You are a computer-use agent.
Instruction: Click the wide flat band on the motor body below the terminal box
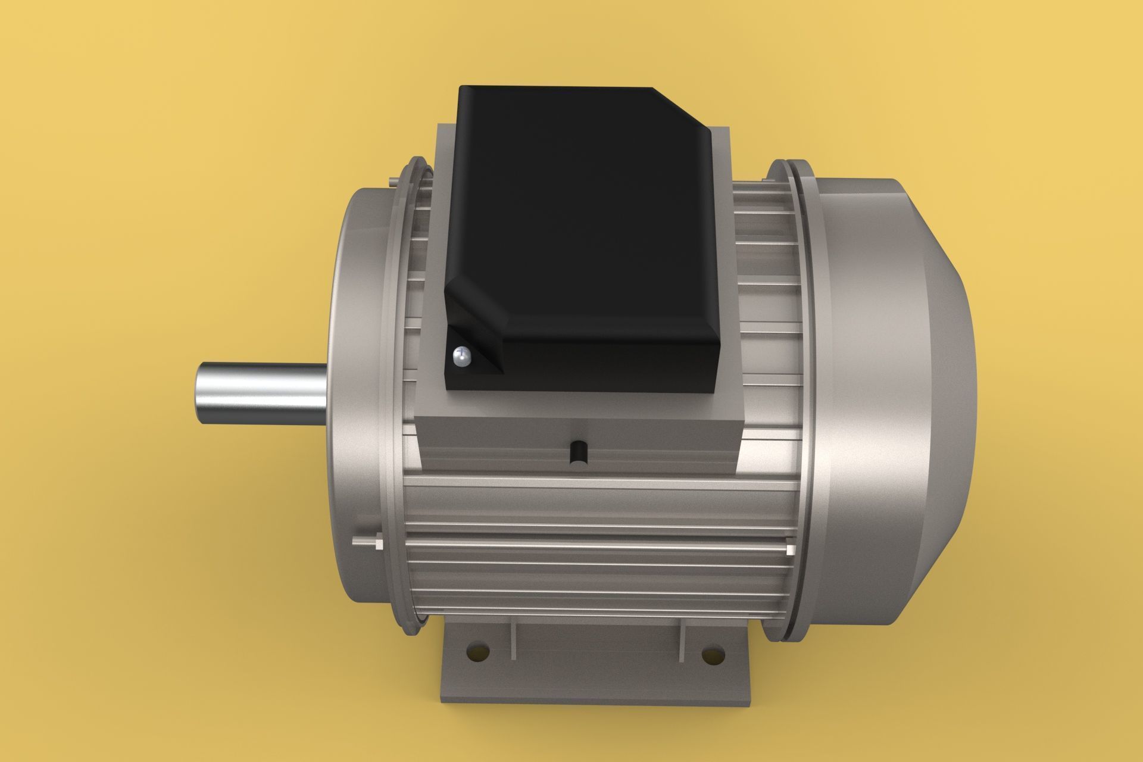tap(595, 504)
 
